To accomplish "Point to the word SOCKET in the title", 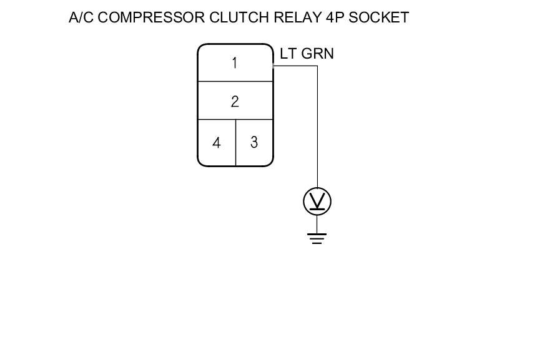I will (x=379, y=17).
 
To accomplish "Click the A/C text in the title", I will (x=82, y=17).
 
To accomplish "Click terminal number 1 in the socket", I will (x=235, y=63).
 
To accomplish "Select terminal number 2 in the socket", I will (x=235, y=102).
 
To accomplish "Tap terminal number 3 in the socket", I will (x=254, y=142).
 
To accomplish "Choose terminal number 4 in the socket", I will (x=216, y=143).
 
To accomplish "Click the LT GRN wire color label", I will (x=307, y=54).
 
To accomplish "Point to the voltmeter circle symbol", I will (x=317, y=202).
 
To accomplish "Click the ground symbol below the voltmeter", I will (x=317, y=238).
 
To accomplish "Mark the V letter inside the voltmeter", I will (x=317, y=201).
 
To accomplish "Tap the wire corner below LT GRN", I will (x=317, y=65).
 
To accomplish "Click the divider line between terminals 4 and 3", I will (x=235, y=142).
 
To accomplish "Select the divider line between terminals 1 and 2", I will (x=235, y=82).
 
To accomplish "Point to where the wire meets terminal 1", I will (x=273, y=65).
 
